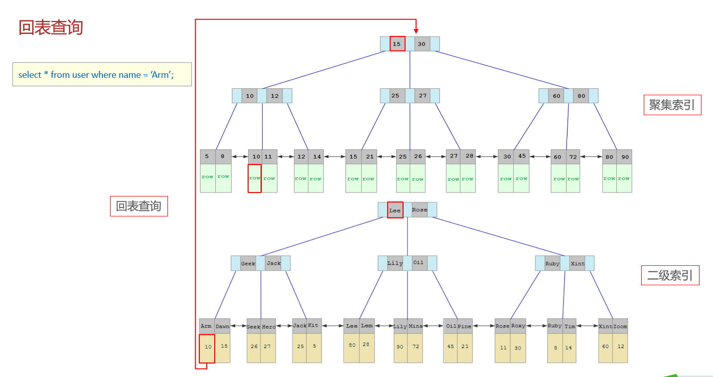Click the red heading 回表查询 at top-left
click(51, 27)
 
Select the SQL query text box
click(102, 74)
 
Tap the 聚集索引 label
click(672, 105)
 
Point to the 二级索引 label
click(670, 275)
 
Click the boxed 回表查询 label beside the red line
click(139, 206)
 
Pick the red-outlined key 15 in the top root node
click(397, 44)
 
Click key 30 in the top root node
click(422, 44)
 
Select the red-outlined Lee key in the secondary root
click(395, 210)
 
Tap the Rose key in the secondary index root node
click(420, 210)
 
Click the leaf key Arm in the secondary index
click(206, 326)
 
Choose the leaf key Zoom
click(620, 326)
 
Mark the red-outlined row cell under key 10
click(255, 178)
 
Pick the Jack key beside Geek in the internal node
click(273, 263)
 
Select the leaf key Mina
click(416, 326)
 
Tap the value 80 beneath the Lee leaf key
click(352, 345)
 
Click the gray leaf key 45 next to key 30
click(522, 156)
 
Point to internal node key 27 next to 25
click(423, 96)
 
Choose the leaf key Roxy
click(518, 326)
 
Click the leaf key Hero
click(269, 327)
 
